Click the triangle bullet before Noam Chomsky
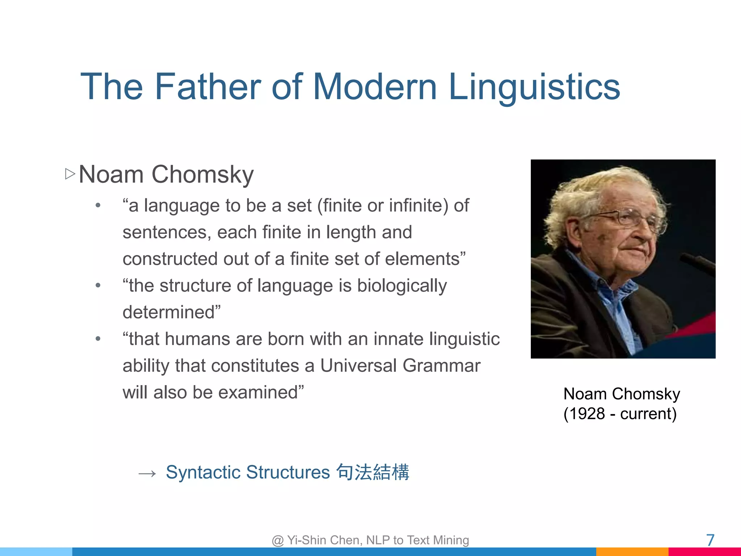pyautogui.click(x=70, y=174)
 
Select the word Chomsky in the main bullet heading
pyautogui.click(x=203, y=174)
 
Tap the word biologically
pyautogui.click(x=402, y=286)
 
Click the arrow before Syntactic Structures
pyautogui.click(x=147, y=473)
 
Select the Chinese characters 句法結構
pyautogui.click(x=373, y=472)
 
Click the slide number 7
pyautogui.click(x=710, y=540)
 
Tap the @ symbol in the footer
pyautogui.click(x=278, y=540)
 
